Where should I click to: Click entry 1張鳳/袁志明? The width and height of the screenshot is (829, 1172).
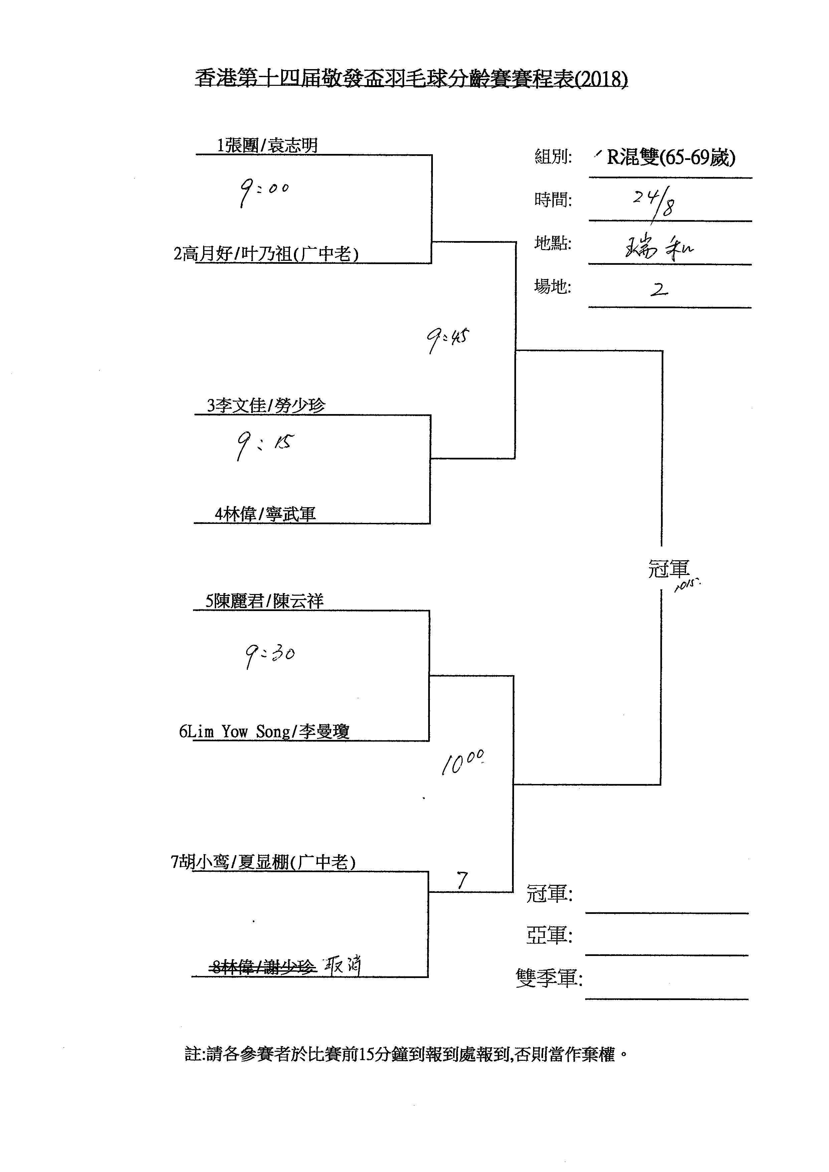click(x=267, y=146)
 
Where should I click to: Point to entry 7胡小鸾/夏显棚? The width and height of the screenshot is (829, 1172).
click(x=263, y=862)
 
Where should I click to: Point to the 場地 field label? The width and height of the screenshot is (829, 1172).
click(x=552, y=286)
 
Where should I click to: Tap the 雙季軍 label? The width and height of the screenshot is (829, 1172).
click(x=549, y=978)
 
